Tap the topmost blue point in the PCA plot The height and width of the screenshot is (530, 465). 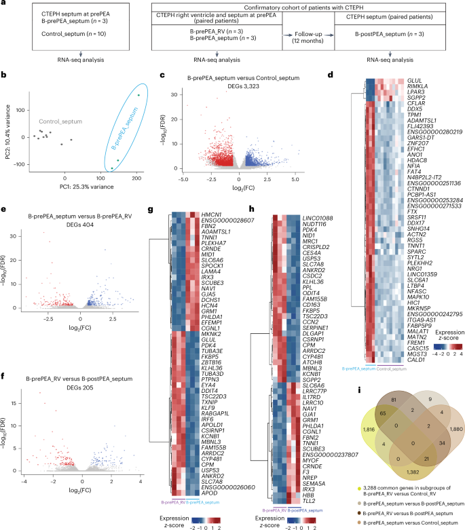tap(138, 95)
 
